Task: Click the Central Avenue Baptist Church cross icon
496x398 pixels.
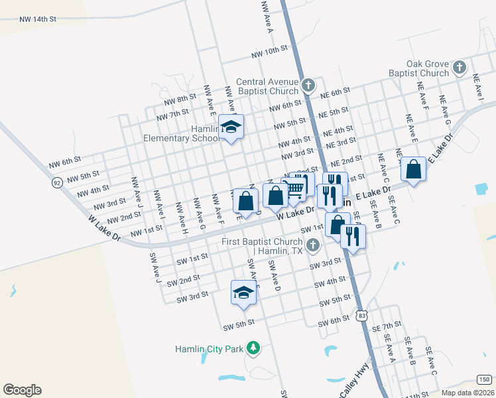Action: click(308, 85)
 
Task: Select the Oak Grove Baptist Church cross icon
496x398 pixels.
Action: click(459, 67)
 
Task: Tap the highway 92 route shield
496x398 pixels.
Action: click(58, 182)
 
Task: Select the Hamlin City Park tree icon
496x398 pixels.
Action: click(253, 348)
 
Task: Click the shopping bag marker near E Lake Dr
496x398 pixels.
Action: click(413, 169)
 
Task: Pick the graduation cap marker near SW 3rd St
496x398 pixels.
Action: click(243, 292)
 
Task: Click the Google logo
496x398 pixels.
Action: click(22, 390)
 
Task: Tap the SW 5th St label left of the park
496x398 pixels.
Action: click(239, 326)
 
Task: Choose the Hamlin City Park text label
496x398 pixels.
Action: click(208, 348)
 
